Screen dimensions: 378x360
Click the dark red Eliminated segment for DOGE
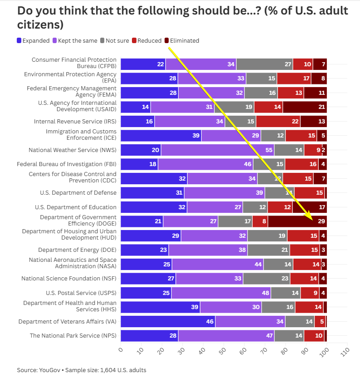(x=297, y=221)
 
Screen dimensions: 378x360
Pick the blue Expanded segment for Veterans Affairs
(x=168, y=322)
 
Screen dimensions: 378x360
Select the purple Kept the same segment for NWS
(x=218, y=150)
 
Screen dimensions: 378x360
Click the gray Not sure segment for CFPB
(x=264, y=64)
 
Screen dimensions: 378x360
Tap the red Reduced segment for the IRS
(x=278, y=122)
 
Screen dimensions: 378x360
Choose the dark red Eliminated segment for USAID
(x=305, y=107)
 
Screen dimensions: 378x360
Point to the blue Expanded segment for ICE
(x=161, y=136)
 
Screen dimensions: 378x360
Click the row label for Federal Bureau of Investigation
(x=67, y=164)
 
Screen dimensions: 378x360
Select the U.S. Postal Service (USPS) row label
(x=81, y=293)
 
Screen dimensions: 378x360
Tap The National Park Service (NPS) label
(x=73, y=336)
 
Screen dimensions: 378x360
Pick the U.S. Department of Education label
(x=76, y=207)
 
